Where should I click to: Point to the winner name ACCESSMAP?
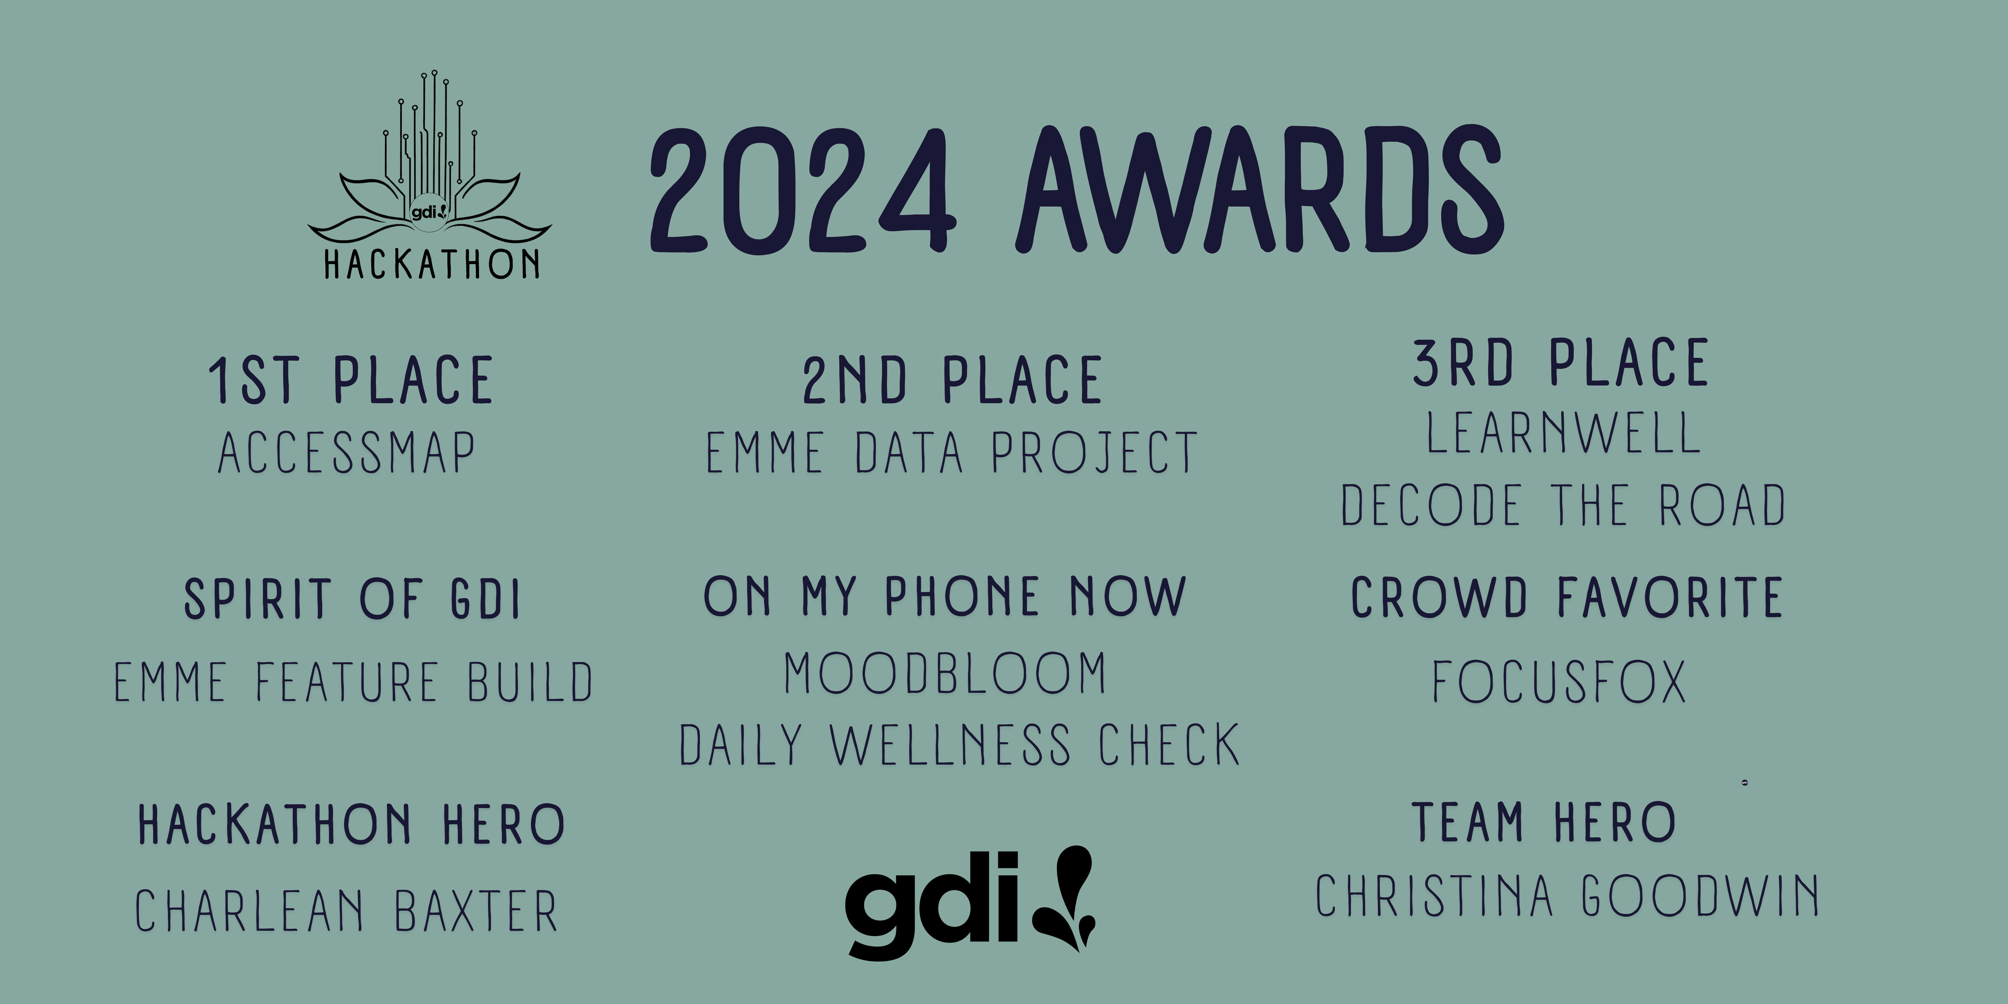coord(347,453)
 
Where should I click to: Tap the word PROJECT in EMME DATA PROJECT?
coord(1094,453)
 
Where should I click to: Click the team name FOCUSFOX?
coord(1559,682)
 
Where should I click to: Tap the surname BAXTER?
coord(476,910)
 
